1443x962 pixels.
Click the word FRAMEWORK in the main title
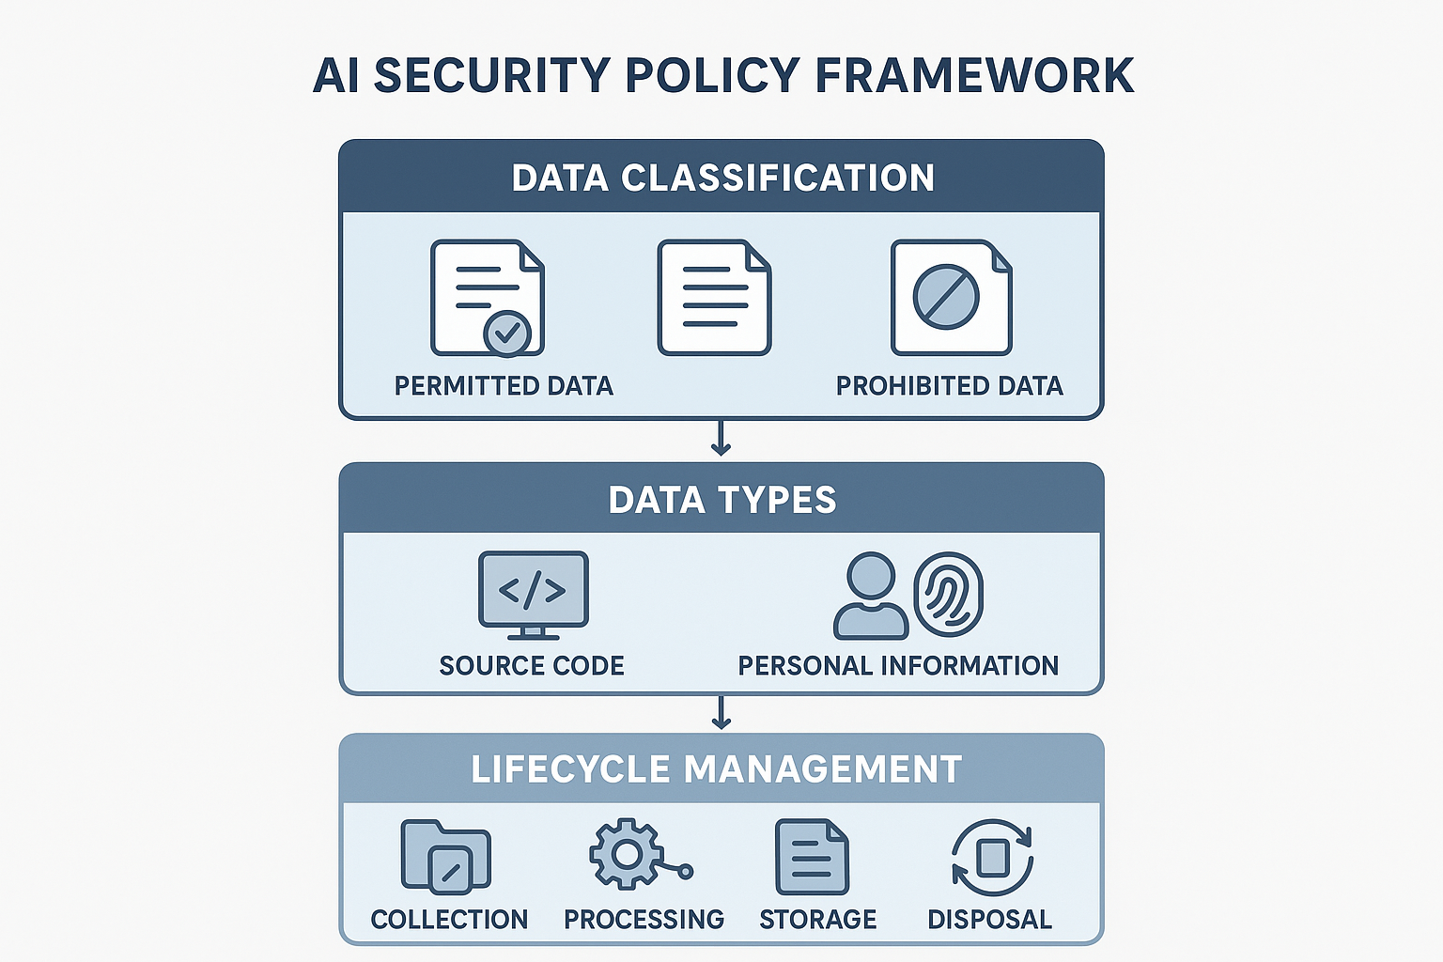point(974,76)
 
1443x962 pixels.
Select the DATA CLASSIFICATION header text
point(722,178)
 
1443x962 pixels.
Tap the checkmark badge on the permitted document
point(507,334)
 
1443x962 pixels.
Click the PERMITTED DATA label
point(504,386)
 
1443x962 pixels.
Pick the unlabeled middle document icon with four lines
point(714,298)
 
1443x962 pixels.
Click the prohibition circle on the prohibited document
point(946,297)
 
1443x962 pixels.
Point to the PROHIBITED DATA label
point(950,386)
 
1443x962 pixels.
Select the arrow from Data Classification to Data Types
point(721,438)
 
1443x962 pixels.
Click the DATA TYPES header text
point(722,500)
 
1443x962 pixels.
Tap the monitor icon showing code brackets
point(534,595)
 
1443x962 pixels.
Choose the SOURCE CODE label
point(532,666)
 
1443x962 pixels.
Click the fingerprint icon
point(948,595)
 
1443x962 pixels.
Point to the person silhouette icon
point(871,596)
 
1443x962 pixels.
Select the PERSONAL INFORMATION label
point(899,666)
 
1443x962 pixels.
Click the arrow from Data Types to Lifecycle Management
point(721,712)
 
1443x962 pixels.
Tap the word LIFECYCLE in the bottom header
point(571,769)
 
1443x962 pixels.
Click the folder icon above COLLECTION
point(446,857)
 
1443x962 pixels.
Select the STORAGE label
point(818,920)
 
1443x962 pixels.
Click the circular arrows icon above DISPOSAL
point(993,858)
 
